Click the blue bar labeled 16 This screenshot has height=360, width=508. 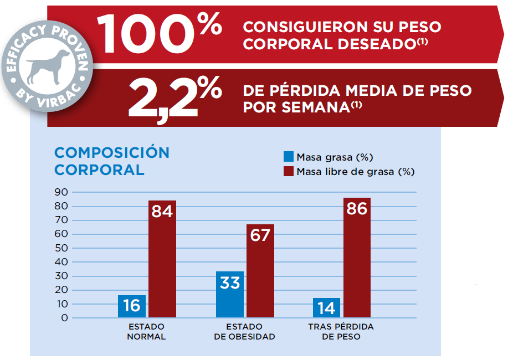[x=132, y=306]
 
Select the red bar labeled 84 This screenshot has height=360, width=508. [x=162, y=259]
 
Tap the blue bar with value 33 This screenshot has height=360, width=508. [x=230, y=295]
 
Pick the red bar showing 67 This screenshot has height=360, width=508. [x=260, y=271]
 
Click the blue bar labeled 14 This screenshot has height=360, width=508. [x=326, y=308]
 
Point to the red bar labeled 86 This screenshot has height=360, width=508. [x=357, y=258]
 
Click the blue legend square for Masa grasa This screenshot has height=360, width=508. [x=288, y=157]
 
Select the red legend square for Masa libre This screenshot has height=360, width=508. [x=288, y=171]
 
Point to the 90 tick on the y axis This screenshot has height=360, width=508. [x=61, y=192]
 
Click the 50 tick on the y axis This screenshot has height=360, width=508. [x=61, y=248]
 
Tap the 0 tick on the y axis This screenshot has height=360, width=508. [x=64, y=318]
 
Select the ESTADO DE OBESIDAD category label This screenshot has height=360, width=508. [x=244, y=331]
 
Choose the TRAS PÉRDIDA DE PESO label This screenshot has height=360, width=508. [x=341, y=331]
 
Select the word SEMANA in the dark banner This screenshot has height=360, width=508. [x=312, y=107]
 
